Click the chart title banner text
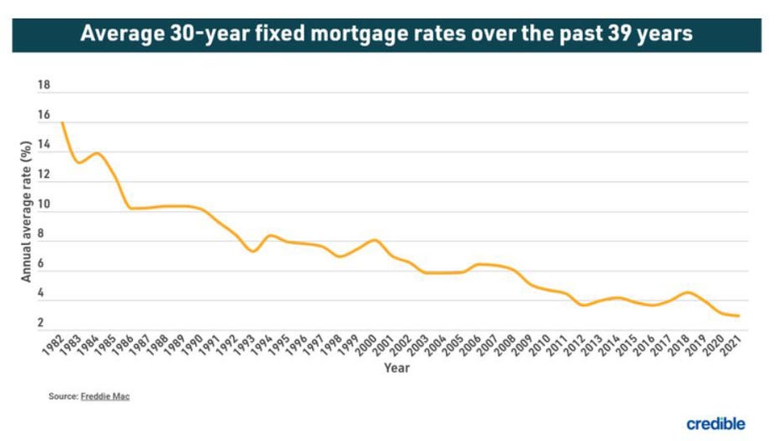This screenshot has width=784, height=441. [386, 35]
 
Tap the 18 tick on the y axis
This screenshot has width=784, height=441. [44, 86]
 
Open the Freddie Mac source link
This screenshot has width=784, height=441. [105, 396]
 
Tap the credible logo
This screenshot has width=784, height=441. [715, 423]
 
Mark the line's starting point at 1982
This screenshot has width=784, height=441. [61, 123]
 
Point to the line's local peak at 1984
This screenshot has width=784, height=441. [97, 153]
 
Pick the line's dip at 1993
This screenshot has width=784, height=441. [253, 251]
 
